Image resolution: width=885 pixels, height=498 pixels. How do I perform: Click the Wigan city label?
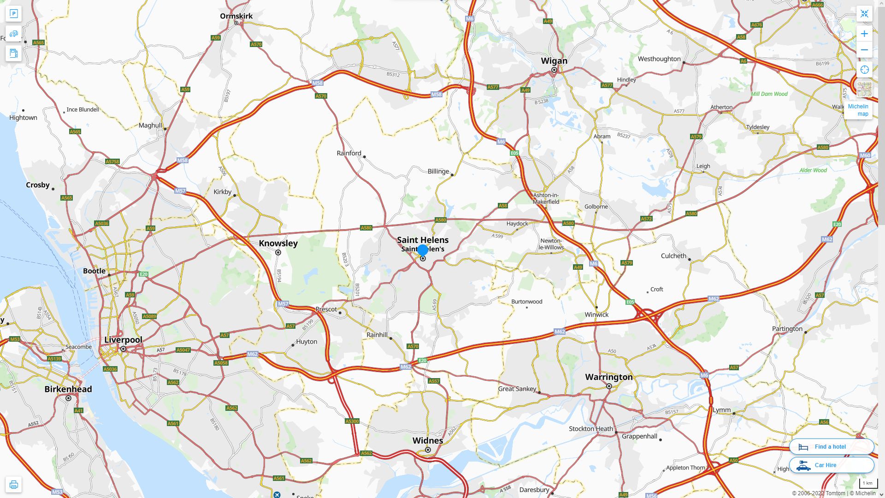[554, 61]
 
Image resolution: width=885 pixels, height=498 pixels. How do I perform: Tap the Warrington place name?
[609, 377]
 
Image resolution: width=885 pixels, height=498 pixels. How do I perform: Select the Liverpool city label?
[123, 340]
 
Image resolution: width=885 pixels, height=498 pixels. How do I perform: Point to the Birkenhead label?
[68, 389]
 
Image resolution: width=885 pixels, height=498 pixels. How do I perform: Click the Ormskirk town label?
[236, 16]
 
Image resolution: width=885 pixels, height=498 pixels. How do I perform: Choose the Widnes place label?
[428, 440]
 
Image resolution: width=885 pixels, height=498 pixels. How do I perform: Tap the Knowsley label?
[278, 243]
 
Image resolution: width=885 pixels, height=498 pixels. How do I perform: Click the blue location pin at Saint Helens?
[423, 250]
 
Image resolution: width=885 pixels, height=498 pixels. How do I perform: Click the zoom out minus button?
[864, 50]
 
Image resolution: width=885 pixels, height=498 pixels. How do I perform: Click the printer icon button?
[13, 485]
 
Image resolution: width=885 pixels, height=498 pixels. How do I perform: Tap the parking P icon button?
[13, 14]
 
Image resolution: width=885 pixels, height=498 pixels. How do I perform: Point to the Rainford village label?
[349, 153]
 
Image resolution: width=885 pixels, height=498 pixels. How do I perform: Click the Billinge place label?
[438, 172]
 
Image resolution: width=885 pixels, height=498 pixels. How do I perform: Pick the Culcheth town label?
[673, 256]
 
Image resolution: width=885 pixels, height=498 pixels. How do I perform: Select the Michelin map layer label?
[858, 110]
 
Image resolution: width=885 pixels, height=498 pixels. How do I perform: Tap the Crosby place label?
[38, 185]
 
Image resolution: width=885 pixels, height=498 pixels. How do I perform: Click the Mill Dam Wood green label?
[769, 94]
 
